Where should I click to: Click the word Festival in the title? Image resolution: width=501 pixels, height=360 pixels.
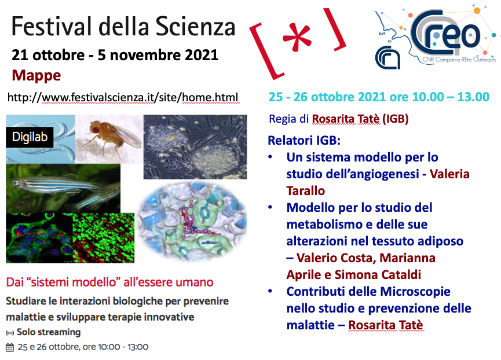point(51,26)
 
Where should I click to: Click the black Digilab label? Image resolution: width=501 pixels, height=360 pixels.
point(30,137)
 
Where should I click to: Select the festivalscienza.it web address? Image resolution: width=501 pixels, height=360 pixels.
point(123,97)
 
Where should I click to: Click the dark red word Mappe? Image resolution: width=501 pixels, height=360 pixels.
point(36,76)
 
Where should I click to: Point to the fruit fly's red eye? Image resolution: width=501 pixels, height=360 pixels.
point(95,129)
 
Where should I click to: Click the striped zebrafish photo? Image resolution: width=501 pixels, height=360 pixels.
point(63,188)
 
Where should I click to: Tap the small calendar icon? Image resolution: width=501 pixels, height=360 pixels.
point(10,347)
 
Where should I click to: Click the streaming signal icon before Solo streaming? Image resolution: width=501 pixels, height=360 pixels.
point(10,333)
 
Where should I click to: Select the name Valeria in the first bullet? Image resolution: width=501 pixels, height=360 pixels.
point(449,174)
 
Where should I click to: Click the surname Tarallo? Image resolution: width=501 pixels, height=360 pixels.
point(305,191)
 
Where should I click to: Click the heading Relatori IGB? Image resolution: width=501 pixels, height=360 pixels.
point(304,141)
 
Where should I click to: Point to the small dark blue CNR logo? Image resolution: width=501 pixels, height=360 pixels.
point(387,57)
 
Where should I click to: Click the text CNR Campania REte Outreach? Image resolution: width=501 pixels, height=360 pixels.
point(459,60)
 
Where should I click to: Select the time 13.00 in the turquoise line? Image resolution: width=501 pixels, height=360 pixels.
point(473,97)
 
